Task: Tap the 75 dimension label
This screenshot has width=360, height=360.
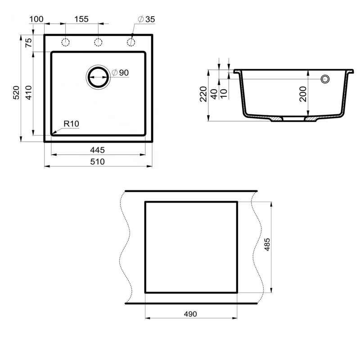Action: (x=28, y=43)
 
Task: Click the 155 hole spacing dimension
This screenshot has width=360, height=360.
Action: (x=81, y=19)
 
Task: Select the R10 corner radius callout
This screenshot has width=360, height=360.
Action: (x=72, y=123)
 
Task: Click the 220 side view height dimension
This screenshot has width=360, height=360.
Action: (x=203, y=94)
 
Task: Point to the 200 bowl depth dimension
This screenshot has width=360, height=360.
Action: (x=303, y=94)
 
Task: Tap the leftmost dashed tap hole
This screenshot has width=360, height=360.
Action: (x=65, y=42)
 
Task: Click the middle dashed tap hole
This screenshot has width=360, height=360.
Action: (x=98, y=42)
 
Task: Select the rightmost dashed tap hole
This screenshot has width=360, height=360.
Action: (x=131, y=42)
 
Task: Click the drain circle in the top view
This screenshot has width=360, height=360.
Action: (x=97, y=77)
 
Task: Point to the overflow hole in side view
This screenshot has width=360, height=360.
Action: (x=324, y=80)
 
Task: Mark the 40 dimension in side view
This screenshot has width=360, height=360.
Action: (x=214, y=94)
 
